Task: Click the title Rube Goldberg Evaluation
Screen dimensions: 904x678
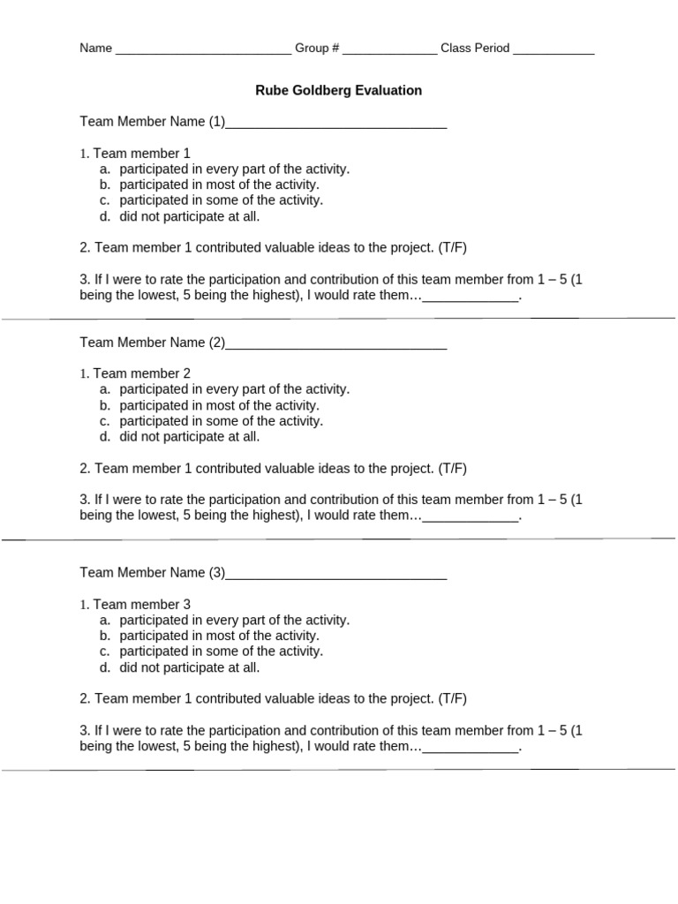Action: click(339, 90)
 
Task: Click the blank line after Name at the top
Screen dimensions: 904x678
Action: click(203, 49)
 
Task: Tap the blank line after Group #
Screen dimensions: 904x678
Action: click(389, 49)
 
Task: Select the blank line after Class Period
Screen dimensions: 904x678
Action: click(554, 49)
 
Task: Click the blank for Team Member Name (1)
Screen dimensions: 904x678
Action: click(336, 123)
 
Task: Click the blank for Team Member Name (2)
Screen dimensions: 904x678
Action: click(336, 343)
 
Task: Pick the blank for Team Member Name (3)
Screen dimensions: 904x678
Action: click(336, 574)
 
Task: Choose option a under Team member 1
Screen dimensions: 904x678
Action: click(234, 169)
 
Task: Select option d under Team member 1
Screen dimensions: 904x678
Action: click(190, 216)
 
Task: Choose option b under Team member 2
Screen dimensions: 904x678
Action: click(219, 405)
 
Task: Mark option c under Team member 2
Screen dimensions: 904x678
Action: click(221, 421)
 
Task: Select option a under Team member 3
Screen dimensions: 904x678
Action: click(234, 620)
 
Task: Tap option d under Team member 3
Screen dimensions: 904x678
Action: click(190, 667)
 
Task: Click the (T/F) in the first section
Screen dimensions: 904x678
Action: click(452, 248)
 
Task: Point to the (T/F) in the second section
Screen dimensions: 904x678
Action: click(452, 469)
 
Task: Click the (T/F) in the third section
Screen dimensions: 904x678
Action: click(452, 699)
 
